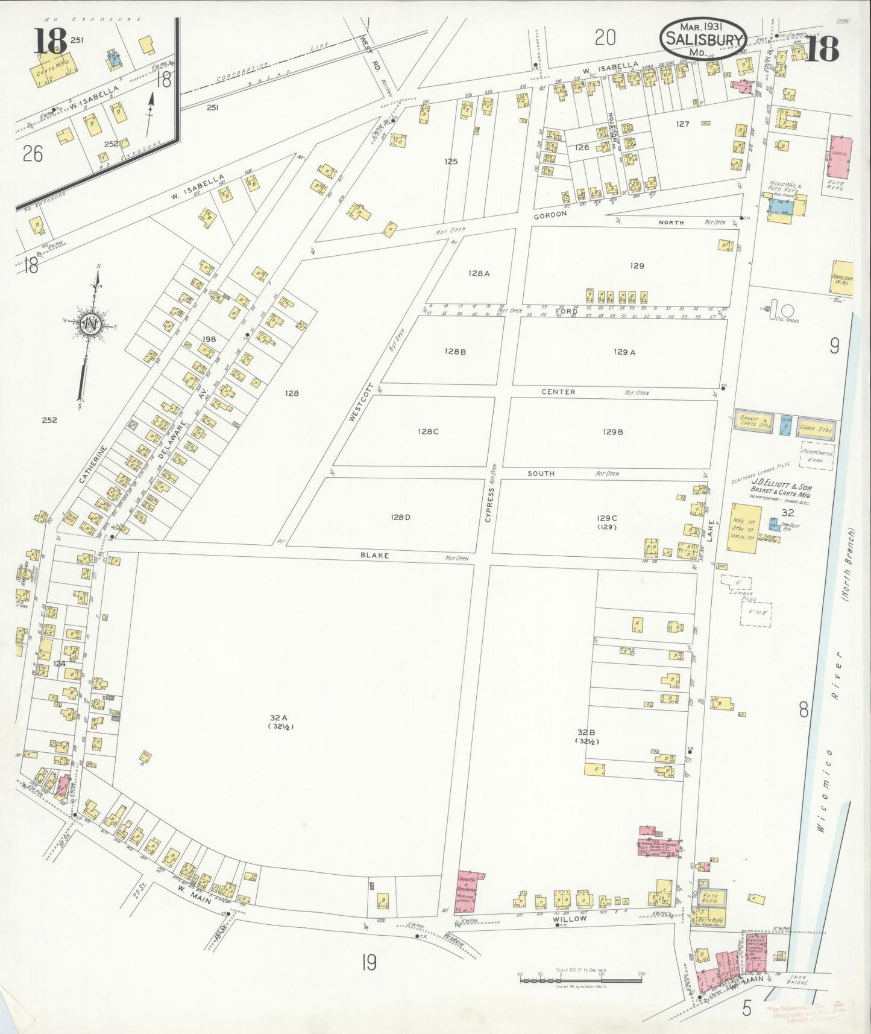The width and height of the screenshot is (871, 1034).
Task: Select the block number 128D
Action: pos(400,517)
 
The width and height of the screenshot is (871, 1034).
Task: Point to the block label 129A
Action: pos(624,352)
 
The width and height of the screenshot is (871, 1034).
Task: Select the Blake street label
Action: pos(374,556)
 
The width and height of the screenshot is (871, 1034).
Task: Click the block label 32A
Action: pos(278,717)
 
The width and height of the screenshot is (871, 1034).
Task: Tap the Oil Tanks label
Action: pos(788,320)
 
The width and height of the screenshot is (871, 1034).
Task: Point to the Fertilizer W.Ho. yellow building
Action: pos(842,278)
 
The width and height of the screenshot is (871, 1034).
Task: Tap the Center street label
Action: pos(558,392)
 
